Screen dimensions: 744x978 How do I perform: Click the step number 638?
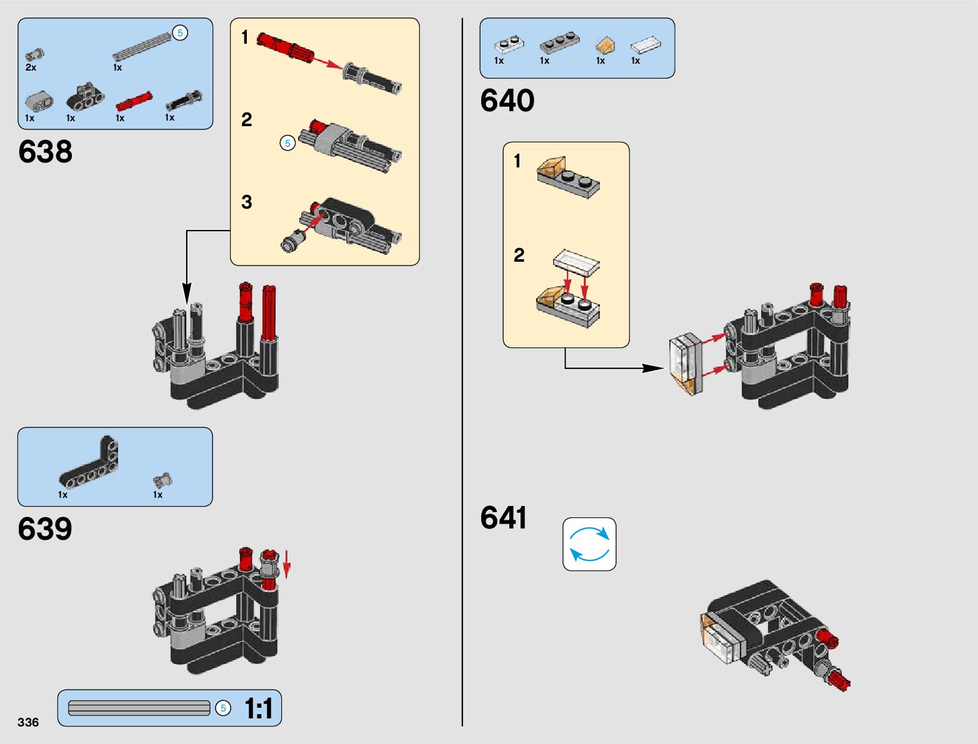pyautogui.click(x=45, y=152)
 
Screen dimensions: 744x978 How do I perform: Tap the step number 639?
pyautogui.click(x=45, y=529)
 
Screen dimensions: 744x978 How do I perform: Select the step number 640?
pyautogui.click(x=507, y=101)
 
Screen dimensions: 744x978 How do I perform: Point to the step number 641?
pyautogui.click(x=503, y=518)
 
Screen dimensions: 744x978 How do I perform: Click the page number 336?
pyautogui.click(x=28, y=722)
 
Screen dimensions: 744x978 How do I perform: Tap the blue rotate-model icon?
pyautogui.click(x=589, y=544)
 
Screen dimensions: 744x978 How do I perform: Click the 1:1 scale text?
pyautogui.click(x=258, y=708)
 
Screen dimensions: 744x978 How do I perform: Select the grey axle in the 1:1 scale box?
pyautogui.click(x=139, y=708)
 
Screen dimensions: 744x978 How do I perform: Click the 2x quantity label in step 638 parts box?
pyautogui.click(x=31, y=67)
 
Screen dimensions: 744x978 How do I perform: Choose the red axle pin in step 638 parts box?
pyautogui.click(x=134, y=101)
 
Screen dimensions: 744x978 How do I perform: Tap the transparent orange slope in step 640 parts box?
pyautogui.click(x=604, y=45)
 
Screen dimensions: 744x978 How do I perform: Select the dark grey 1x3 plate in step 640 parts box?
pyautogui.click(x=559, y=42)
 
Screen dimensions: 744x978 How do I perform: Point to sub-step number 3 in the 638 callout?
pyautogui.click(x=247, y=202)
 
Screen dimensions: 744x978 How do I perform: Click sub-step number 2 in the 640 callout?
pyautogui.click(x=519, y=255)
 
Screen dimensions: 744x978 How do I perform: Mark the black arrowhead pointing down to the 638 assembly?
pyautogui.click(x=186, y=294)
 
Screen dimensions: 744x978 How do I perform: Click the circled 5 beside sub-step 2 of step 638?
pyautogui.click(x=287, y=143)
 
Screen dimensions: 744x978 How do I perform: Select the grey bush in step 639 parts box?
pyautogui.click(x=162, y=480)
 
